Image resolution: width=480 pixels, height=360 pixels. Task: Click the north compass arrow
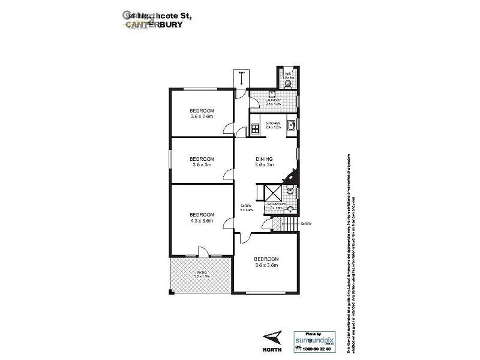272,337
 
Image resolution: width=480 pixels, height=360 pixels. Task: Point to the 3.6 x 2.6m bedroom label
202,113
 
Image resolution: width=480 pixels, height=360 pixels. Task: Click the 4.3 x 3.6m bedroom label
202,218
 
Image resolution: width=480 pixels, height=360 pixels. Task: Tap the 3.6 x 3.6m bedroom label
266,262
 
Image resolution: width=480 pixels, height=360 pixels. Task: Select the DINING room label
264,161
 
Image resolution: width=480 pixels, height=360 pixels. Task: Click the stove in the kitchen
254,126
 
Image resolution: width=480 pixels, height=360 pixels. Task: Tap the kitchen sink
289,125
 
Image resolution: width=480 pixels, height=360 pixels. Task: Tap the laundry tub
272,94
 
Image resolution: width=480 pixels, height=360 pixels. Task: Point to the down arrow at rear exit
241,78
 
